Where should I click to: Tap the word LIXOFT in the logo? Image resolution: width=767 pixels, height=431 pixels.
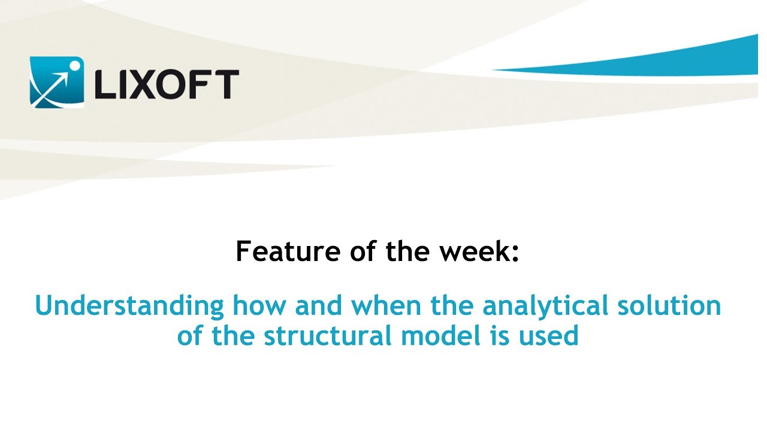tap(165, 84)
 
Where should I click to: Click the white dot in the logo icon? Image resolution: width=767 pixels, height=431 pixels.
tap(74, 63)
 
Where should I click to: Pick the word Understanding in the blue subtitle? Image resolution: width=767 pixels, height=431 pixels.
tap(129, 306)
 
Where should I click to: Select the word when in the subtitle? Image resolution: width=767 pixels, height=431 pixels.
tap(388, 306)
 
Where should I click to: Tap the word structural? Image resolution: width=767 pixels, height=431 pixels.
tap(328, 336)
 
